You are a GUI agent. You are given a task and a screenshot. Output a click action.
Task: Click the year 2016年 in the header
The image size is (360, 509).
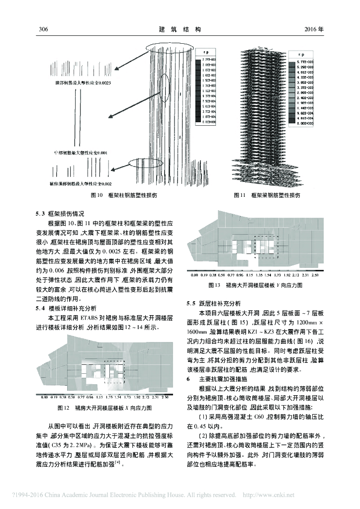314,29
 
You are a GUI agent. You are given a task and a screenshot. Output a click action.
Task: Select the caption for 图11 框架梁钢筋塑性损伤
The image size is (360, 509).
267,196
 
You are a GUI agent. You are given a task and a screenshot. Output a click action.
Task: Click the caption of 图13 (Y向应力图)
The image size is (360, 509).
257,286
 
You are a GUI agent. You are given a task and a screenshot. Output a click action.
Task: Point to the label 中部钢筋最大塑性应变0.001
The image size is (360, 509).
80,153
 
